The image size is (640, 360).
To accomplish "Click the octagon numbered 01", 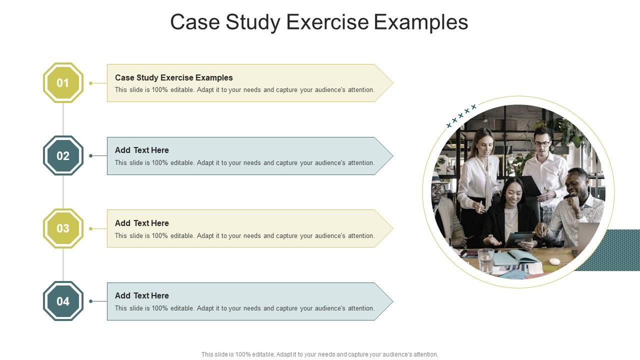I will [63, 83].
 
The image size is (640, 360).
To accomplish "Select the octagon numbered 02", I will [63, 155].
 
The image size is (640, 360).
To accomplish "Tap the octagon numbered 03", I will [63, 228].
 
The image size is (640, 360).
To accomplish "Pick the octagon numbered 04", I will [63, 301].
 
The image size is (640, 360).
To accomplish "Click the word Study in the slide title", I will [252, 22].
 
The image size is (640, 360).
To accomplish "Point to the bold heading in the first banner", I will [173, 77].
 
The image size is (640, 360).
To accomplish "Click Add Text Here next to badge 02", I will [141, 150].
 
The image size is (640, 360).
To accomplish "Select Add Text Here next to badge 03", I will [141, 223].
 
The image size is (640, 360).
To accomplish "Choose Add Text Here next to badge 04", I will [141, 295].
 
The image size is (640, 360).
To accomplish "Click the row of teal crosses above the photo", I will [461, 115].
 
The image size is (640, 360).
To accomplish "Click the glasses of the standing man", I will [542, 143].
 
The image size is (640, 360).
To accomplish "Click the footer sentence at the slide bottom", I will [319, 354].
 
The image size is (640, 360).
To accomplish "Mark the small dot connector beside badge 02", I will [90, 155].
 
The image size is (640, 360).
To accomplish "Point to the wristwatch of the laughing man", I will [579, 215].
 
